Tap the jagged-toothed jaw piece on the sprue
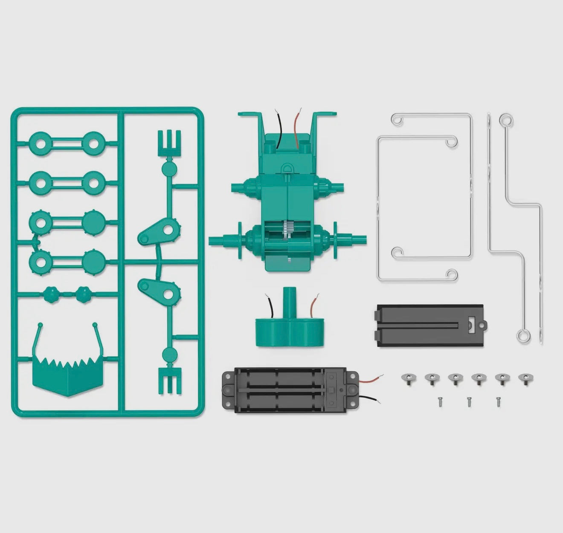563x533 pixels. click(68, 375)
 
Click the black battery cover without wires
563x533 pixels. click(430, 325)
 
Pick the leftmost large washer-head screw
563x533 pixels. click(409, 378)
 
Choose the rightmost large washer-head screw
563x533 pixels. click(525, 378)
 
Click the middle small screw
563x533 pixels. click(469, 401)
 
